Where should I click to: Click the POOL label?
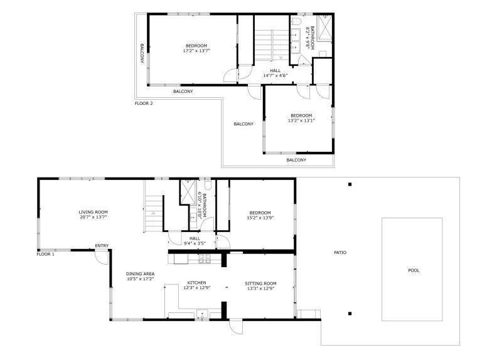click(414, 270)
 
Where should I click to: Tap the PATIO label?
click(340, 253)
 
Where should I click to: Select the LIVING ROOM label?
click(93, 212)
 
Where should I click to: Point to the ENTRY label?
click(102, 246)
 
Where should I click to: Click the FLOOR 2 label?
click(144, 103)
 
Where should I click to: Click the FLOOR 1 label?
click(45, 255)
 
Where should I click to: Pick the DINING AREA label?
click(140, 274)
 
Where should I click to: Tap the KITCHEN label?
click(196, 283)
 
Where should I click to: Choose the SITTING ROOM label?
click(260, 284)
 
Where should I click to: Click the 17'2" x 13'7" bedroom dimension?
click(196, 51)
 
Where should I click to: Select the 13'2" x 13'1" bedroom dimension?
click(301, 120)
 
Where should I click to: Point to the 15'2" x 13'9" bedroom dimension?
click(260, 218)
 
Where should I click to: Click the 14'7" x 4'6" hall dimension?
click(275, 75)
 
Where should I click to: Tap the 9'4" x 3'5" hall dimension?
click(195, 243)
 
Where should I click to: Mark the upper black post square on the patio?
click(350, 184)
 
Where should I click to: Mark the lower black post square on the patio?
click(350, 314)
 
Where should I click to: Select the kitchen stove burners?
click(205, 259)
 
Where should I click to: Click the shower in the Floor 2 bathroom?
click(324, 28)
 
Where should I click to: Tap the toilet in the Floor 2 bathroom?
click(296, 21)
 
